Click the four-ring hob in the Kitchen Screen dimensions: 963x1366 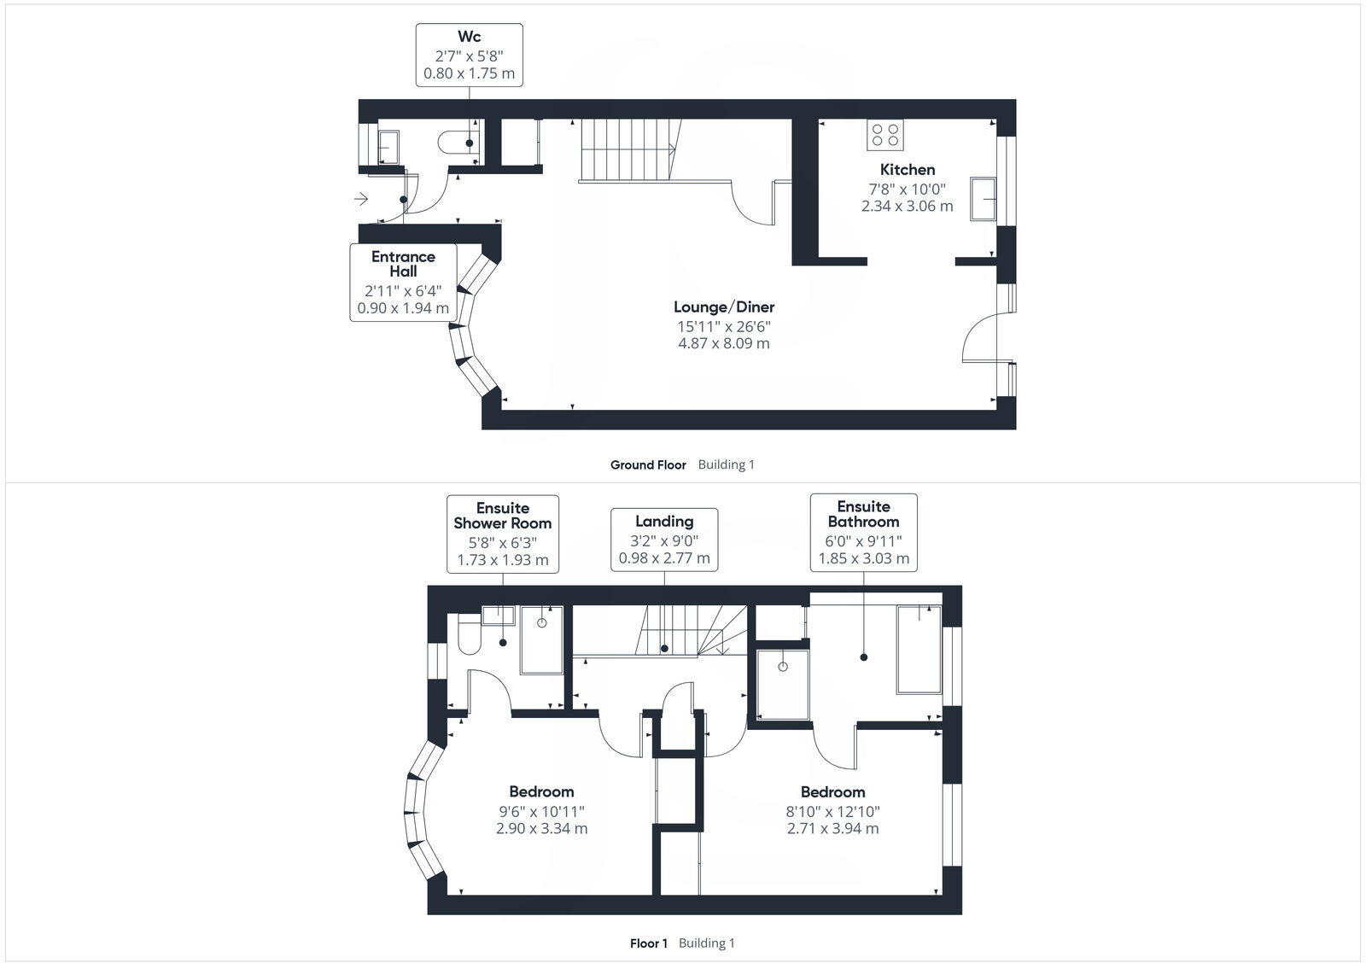point(885,135)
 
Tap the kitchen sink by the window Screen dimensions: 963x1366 point(984,200)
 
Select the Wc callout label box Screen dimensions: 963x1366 point(469,55)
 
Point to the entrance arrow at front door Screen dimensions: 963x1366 point(361,200)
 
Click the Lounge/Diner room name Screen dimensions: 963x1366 point(724,306)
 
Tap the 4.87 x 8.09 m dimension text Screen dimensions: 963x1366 point(724,343)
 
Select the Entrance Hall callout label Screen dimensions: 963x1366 point(403,283)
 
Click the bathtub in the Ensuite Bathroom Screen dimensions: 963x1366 point(919,649)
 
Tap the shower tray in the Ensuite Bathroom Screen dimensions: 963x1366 point(783,684)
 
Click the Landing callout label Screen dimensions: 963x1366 point(664,540)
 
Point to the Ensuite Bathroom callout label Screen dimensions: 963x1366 point(863,532)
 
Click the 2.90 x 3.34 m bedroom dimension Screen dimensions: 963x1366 point(541,828)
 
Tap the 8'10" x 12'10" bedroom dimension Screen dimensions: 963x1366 point(832,811)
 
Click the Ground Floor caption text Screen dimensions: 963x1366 point(648,465)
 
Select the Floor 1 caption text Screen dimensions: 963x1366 point(649,943)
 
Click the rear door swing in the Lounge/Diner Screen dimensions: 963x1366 point(979,336)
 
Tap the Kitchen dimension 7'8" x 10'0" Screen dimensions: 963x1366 point(908,189)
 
